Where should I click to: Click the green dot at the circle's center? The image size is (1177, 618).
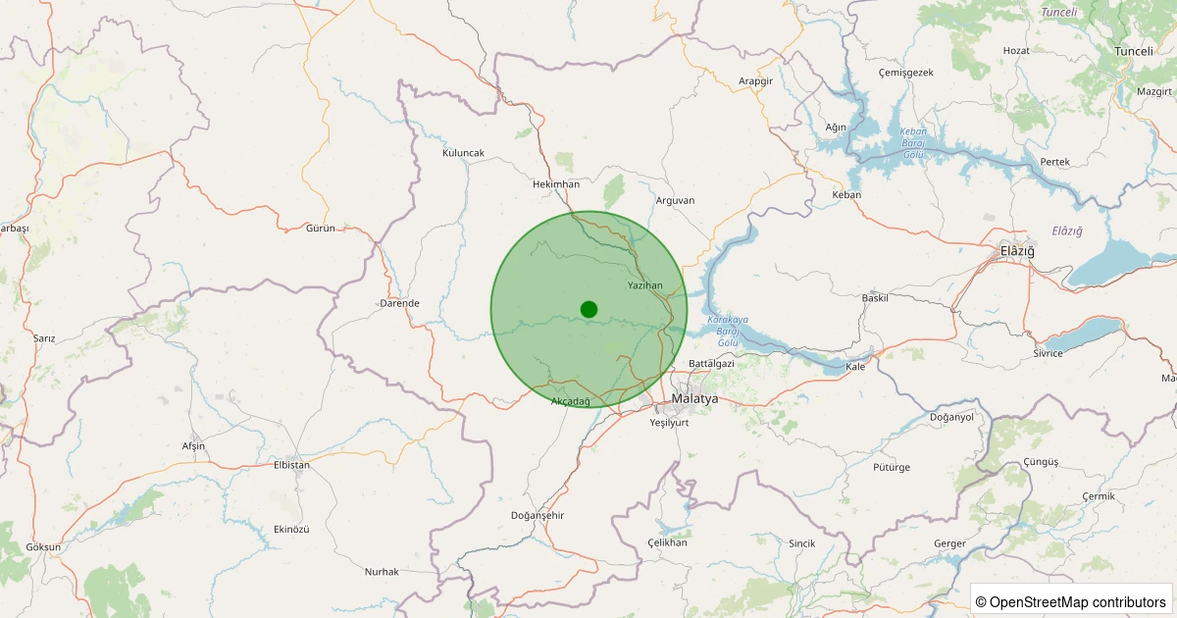(588, 309)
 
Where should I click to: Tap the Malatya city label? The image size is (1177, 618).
(694, 399)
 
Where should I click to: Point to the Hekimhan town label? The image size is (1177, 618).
(555, 184)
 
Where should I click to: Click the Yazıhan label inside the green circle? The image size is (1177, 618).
(645, 285)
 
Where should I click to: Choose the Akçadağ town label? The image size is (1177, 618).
(571, 402)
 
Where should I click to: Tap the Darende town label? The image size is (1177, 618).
(399, 303)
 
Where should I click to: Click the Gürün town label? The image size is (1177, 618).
(321, 228)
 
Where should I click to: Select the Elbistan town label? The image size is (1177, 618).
(291, 465)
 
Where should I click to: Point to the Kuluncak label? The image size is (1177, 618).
(463, 153)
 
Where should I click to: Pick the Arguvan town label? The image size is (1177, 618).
(675, 200)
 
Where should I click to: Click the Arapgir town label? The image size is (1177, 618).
(755, 81)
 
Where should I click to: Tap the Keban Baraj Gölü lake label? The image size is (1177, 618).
(913, 143)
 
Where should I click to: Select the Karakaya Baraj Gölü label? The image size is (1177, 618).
(727, 332)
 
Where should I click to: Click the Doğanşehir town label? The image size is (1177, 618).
(537, 516)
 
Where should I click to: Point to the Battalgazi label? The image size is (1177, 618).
(711, 364)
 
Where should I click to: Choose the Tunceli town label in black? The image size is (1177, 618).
(1134, 51)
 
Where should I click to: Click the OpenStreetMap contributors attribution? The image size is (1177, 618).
(1071, 601)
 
